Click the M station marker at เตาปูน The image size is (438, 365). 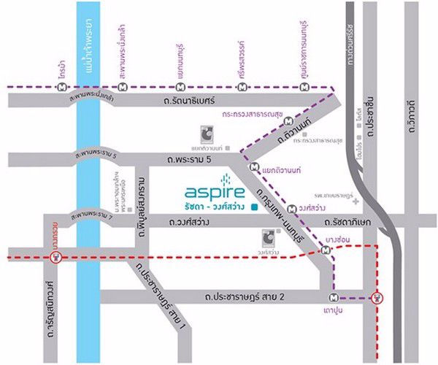[x=334, y=297]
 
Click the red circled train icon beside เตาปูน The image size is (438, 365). [x=377, y=297]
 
